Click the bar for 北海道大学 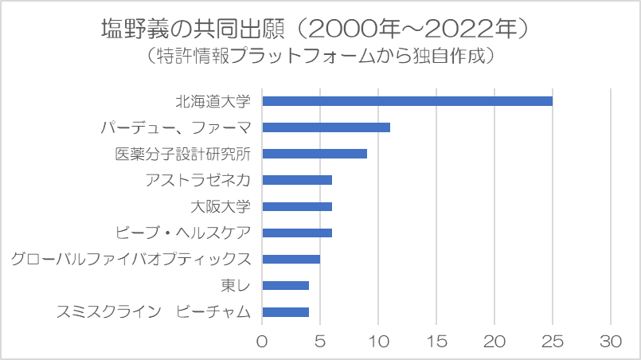(407, 101)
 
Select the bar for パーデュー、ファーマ (326, 127)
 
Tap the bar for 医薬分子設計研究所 (315, 154)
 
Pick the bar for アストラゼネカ (297, 180)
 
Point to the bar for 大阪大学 (297, 206)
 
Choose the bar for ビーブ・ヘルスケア (297, 233)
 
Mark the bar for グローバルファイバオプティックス (291, 259)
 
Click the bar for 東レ (285, 285)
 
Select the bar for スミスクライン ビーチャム (285, 311)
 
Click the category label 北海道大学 (213, 101)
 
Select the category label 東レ (236, 285)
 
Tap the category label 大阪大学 (221, 206)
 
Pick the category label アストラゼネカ (198, 180)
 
